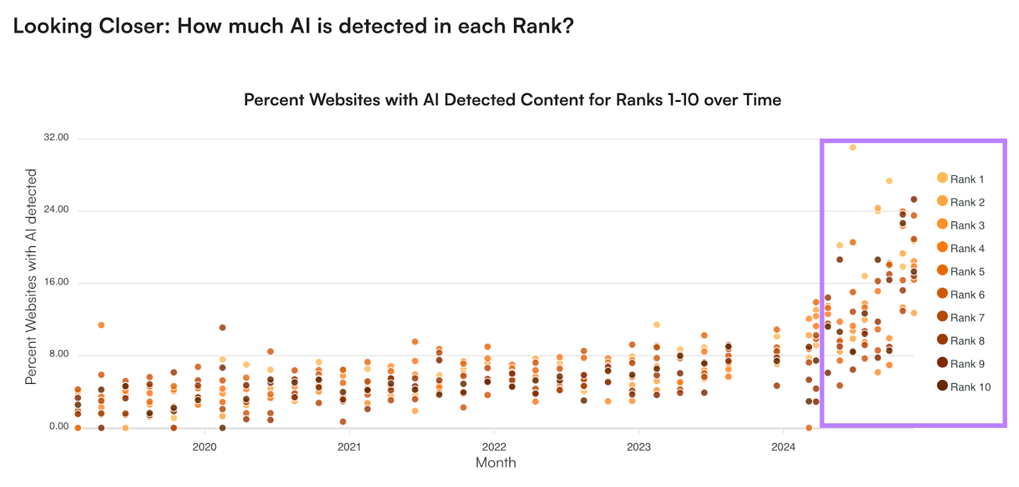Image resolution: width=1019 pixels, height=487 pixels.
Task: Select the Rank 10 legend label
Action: point(970,387)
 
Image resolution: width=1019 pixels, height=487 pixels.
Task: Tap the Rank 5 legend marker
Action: point(943,271)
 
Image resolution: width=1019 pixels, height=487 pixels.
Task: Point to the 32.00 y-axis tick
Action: point(56,138)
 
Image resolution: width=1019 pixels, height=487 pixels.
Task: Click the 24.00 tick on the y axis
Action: point(56,209)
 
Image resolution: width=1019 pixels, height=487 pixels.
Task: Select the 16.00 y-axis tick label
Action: point(56,282)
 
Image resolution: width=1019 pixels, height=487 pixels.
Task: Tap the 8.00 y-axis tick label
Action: point(59,354)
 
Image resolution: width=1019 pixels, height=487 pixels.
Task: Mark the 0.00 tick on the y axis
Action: point(59,427)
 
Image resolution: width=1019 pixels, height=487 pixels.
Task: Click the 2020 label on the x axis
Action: point(204,447)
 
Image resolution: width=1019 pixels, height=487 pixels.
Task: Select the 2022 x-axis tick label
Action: point(494,447)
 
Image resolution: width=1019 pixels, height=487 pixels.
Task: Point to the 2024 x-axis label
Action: point(783,447)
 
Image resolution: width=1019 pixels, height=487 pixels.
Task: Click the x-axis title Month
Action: point(495,463)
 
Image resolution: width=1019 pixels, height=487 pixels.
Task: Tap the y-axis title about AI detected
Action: point(31,276)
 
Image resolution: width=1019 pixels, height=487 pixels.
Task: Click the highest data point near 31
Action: point(853,148)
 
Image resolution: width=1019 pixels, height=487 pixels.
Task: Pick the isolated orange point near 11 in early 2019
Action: point(101,325)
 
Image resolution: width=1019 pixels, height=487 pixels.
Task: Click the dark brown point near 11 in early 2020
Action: point(222,328)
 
